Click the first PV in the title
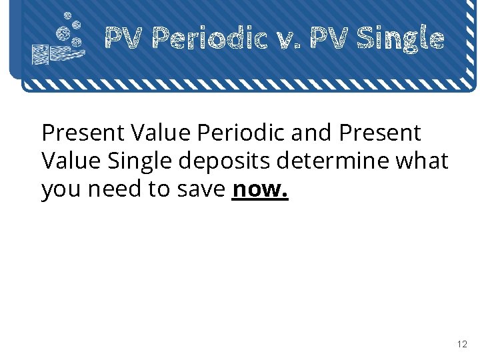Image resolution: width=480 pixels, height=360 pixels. coord(124,39)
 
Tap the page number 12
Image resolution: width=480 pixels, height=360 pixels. coord(462,345)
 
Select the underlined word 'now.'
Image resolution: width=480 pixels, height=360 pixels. coord(260,189)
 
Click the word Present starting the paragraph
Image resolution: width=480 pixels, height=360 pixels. coord(83,133)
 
